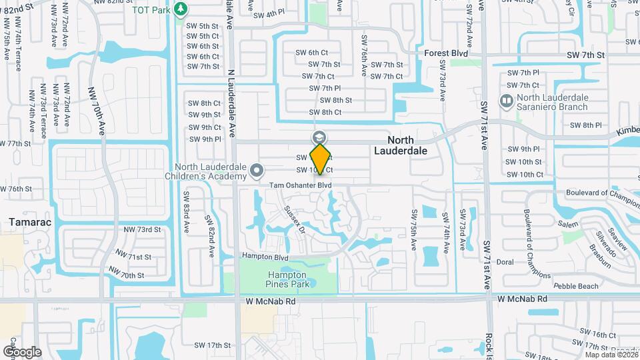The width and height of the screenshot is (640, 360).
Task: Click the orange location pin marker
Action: (x=321, y=159)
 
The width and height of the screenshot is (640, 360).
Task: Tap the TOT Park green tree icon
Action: (x=180, y=9)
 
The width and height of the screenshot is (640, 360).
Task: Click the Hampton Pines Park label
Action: (x=287, y=279)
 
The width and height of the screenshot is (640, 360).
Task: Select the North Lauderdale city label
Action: (x=403, y=145)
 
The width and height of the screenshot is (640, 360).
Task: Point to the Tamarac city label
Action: (x=27, y=221)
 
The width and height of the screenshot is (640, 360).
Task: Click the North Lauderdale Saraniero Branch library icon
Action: (x=505, y=101)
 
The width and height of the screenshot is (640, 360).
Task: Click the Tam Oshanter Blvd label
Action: (x=300, y=185)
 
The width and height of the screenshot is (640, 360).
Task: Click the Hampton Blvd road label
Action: (x=265, y=257)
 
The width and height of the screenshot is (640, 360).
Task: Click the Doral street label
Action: (x=505, y=262)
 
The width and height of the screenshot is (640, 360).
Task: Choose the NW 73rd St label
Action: (x=143, y=229)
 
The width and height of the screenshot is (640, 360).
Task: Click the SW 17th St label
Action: (x=211, y=345)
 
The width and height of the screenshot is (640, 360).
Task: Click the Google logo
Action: (x=21, y=351)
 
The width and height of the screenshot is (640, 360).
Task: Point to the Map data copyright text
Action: (x=608, y=354)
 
